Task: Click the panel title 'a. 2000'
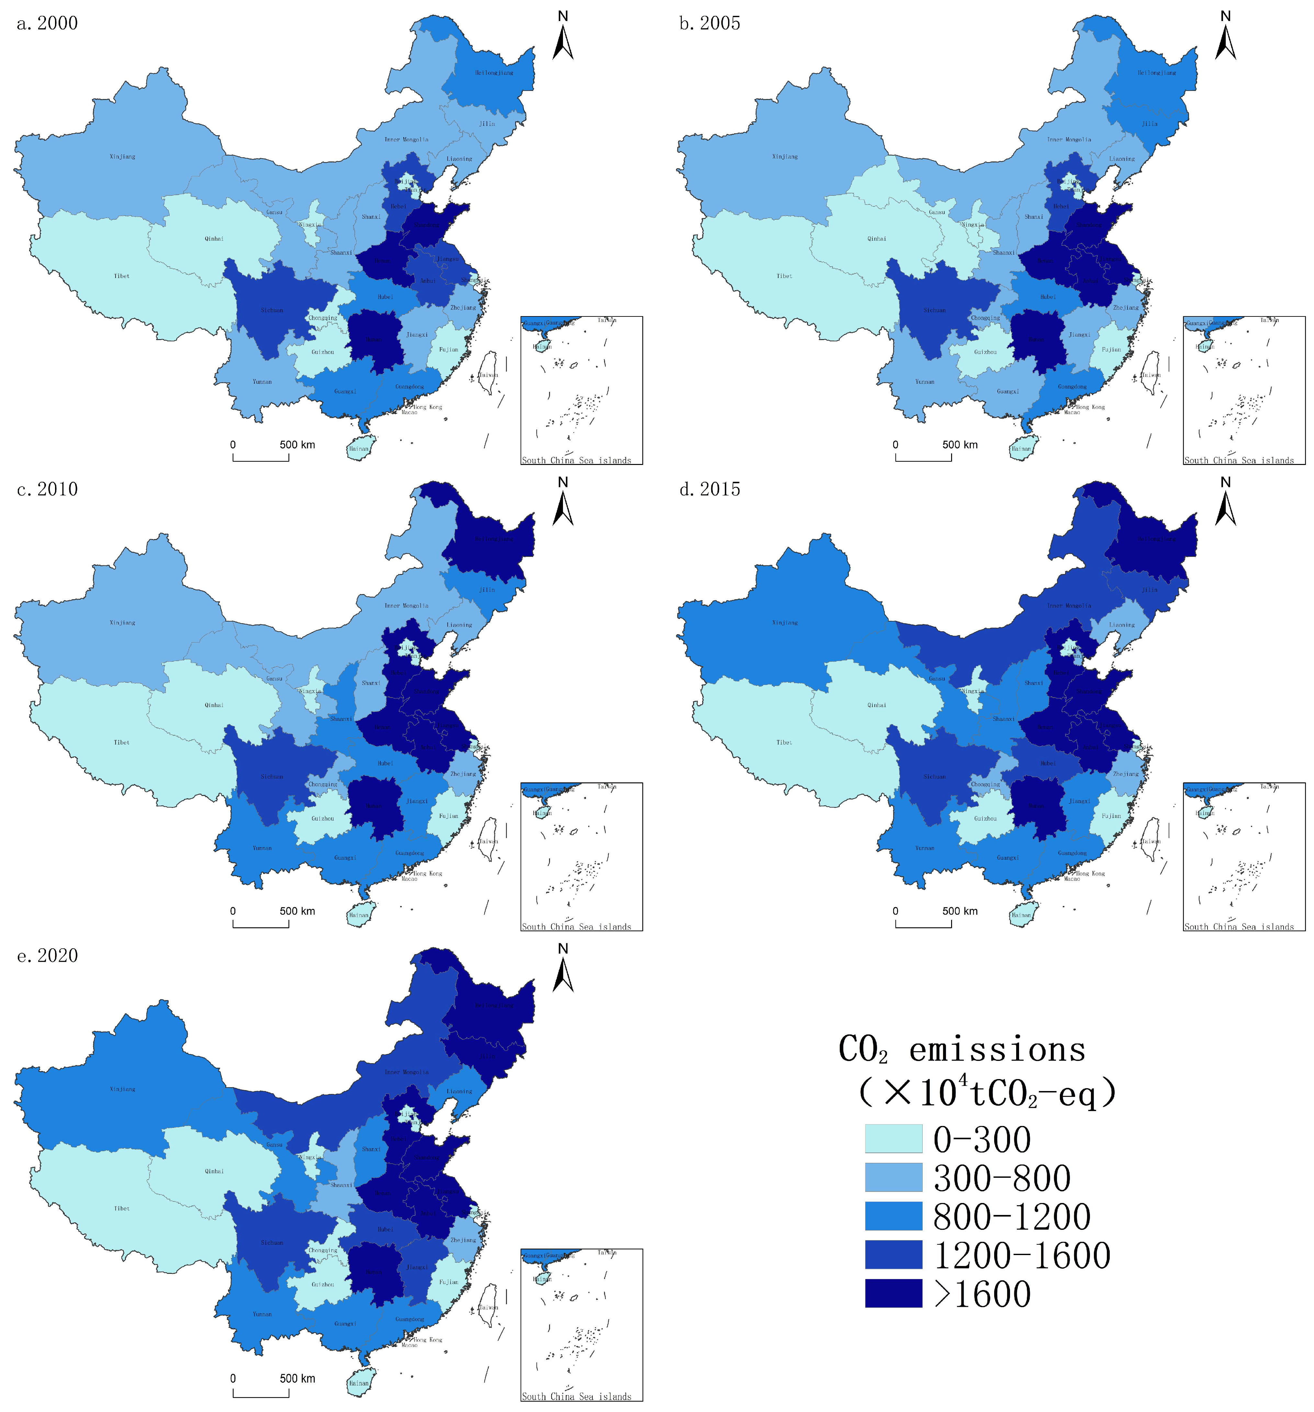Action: point(47,23)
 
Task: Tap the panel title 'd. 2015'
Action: point(709,489)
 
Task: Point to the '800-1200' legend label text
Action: point(1011,1217)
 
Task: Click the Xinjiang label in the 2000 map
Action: point(122,156)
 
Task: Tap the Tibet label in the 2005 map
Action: point(784,276)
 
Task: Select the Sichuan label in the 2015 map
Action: point(935,776)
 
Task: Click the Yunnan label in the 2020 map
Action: point(262,1314)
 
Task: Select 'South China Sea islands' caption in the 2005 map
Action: point(1239,460)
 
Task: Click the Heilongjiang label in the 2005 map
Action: point(1156,72)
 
